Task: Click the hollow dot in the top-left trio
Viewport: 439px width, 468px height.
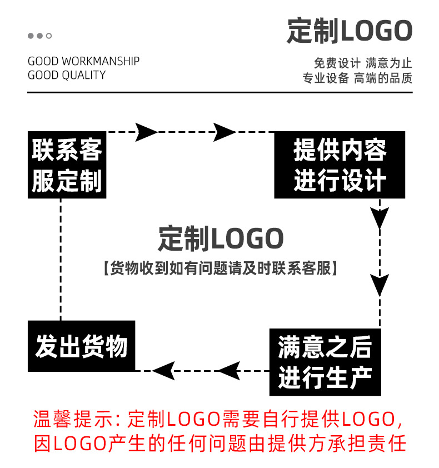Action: tap(49, 36)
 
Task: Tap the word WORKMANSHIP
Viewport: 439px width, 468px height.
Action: tap(101, 61)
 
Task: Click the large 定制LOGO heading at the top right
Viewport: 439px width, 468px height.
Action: tap(350, 31)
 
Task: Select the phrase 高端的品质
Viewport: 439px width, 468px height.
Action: tap(383, 78)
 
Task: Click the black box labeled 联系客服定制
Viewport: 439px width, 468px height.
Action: tap(67, 165)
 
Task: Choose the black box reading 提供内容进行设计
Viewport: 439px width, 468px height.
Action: tap(340, 165)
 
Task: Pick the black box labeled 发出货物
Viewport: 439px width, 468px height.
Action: tap(82, 346)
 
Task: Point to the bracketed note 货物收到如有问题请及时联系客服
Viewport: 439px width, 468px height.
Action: tap(221, 268)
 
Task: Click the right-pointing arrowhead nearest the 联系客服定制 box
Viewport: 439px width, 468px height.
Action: tap(146, 132)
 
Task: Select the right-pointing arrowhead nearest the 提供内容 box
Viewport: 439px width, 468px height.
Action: tap(225, 132)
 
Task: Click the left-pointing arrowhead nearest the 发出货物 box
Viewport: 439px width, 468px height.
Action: tap(164, 370)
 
